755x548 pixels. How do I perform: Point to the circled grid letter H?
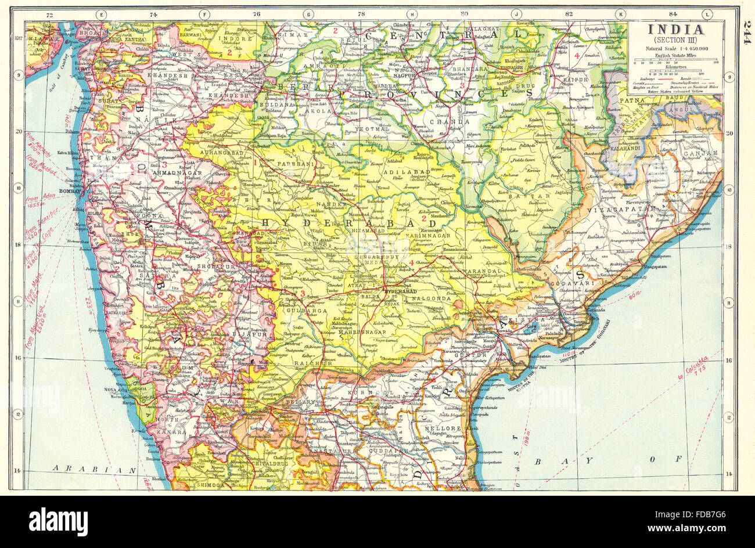pos(412,14)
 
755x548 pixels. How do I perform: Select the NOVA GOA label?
pos(115,389)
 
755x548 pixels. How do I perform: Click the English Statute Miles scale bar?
pos(675,59)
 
